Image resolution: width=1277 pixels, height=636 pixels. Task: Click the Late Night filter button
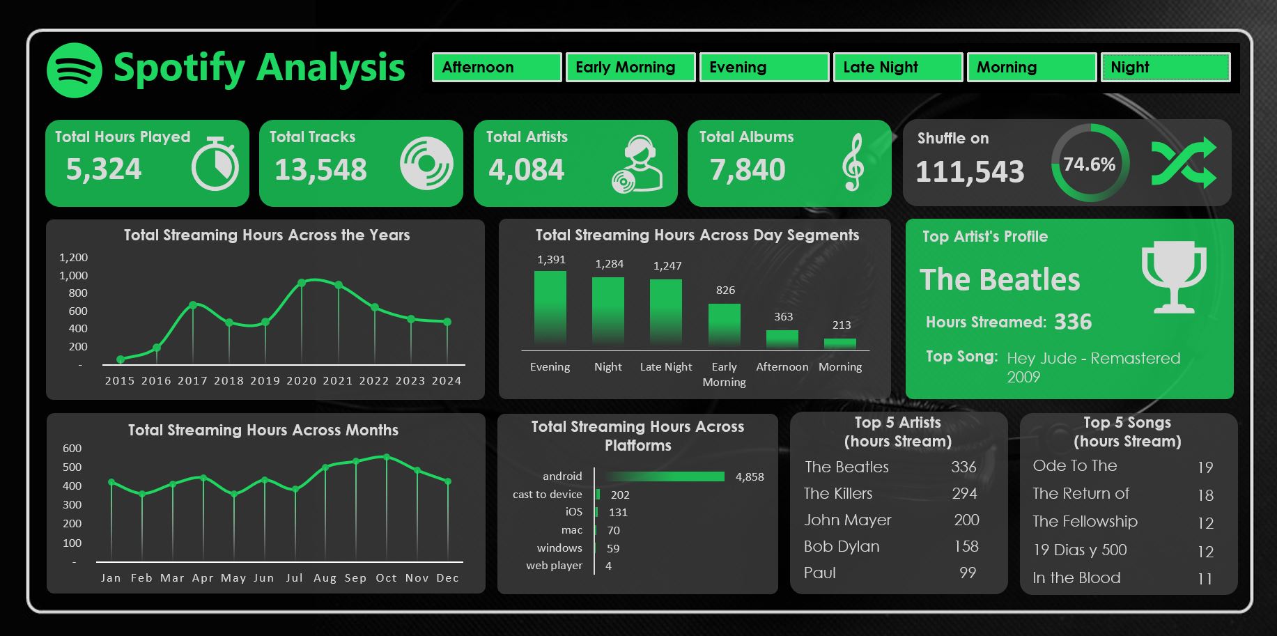897,68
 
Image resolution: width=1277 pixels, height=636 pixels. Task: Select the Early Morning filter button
630,68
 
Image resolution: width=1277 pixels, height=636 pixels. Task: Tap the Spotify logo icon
75,70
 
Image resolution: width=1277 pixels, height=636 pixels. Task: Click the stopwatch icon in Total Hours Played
215,164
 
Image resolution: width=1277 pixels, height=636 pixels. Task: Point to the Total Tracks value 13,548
320,170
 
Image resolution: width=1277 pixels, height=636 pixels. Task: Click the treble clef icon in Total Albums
853,163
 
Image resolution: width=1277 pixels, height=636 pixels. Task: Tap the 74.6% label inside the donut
1089,164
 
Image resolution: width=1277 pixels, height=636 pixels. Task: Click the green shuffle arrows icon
1184,163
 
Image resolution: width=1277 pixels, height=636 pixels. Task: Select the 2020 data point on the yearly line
302,283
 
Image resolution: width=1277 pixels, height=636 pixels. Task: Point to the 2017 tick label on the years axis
192,381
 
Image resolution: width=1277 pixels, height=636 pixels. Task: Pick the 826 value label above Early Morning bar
725,290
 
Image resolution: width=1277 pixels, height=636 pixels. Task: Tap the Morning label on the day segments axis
840,367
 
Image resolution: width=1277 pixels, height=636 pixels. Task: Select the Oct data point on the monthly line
387,458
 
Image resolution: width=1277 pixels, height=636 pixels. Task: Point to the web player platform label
554,566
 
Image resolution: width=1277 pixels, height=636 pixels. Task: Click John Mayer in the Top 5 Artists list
848,520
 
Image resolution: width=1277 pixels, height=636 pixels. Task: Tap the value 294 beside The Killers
964,494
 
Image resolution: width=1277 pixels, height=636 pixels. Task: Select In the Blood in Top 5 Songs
1076,578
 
